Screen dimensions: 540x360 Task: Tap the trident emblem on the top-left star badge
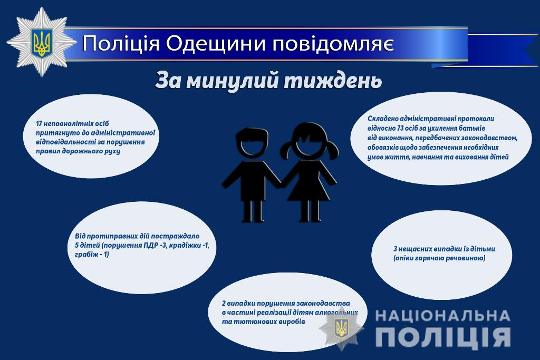[41, 42]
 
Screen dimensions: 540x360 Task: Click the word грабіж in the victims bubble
[85, 255]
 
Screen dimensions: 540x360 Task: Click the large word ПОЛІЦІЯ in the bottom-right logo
[443, 337]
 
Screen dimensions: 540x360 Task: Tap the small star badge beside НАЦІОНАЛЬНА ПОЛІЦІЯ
[341, 328]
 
